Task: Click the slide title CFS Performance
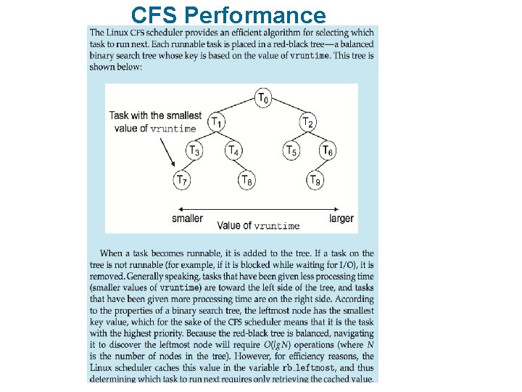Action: coord(229,15)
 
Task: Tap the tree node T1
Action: coord(216,122)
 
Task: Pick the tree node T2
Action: coord(308,122)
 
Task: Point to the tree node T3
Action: coord(194,150)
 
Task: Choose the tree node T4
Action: coord(232,150)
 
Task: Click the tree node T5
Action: coord(290,150)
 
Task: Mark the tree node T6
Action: coord(328,150)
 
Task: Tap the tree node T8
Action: coord(246,179)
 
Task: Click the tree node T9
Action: coord(314,179)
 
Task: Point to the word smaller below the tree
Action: coord(187,218)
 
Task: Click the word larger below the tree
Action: coord(341,218)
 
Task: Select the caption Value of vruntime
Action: coord(258,226)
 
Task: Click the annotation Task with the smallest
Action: coord(156,115)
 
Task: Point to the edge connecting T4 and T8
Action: coord(239,165)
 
